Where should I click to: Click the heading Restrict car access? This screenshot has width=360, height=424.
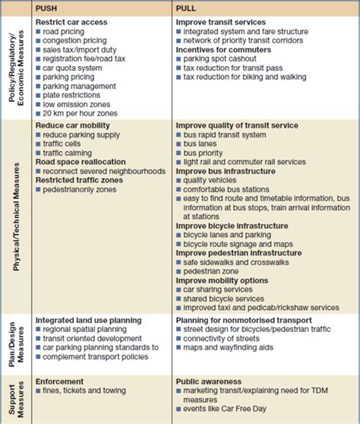tap(72, 22)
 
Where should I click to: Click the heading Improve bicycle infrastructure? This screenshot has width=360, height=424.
tap(233, 226)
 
